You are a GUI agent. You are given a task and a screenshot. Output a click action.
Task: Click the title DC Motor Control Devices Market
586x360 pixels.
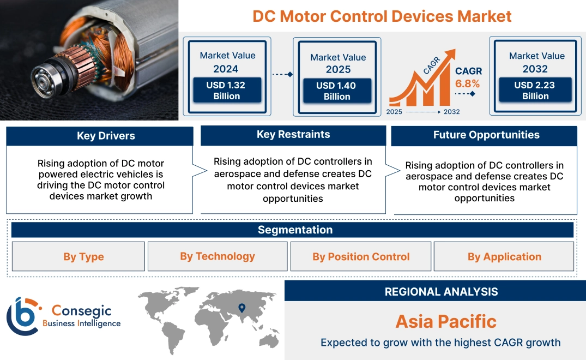tap(382, 16)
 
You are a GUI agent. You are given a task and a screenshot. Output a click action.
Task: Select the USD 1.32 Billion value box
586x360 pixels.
tap(227, 91)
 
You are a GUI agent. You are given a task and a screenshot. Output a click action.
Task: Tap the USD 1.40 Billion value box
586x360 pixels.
tap(337, 91)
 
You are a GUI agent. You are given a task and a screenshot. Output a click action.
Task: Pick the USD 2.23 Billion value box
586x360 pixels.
tap(535, 91)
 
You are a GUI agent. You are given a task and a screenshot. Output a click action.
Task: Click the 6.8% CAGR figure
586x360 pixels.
tap(467, 83)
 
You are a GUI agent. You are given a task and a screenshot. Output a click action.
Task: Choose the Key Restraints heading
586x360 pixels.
tap(293, 135)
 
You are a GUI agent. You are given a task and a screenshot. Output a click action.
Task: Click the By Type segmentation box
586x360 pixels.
tap(83, 257)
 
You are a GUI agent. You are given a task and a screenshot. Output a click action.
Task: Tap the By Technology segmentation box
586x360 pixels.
tap(218, 256)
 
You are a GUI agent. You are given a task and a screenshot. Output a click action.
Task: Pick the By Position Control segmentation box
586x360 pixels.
tap(361, 257)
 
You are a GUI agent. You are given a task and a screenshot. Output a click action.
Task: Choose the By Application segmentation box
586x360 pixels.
tap(504, 257)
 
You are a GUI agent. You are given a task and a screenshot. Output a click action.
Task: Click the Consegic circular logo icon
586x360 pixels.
tap(23, 316)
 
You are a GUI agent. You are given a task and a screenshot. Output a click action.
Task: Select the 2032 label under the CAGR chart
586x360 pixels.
tap(451, 112)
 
